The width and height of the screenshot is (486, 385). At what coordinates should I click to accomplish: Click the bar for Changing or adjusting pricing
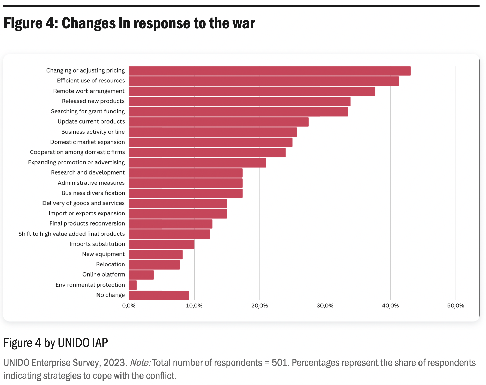pyautogui.click(x=270, y=71)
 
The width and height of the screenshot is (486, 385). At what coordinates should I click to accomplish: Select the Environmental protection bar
pyautogui.click(x=133, y=285)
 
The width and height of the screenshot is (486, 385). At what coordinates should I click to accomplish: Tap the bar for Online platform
pyautogui.click(x=141, y=275)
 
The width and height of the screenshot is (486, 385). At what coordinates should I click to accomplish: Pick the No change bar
pyautogui.click(x=159, y=295)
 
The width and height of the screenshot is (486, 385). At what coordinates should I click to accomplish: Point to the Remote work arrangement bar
pyautogui.click(x=252, y=91)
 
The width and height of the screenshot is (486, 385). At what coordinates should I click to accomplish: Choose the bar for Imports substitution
pyautogui.click(x=161, y=244)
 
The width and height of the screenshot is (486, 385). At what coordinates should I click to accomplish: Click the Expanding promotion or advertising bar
pyautogui.click(x=197, y=163)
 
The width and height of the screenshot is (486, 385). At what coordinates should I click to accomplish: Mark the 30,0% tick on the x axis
pyautogui.click(x=325, y=306)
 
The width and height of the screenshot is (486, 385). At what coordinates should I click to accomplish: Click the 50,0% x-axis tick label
pyautogui.click(x=455, y=306)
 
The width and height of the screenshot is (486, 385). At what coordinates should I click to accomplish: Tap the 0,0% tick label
pyautogui.click(x=129, y=306)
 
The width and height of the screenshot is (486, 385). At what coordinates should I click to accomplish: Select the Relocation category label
pyautogui.click(x=110, y=264)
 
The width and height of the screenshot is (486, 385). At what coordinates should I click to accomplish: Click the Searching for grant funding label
pyautogui.click(x=88, y=111)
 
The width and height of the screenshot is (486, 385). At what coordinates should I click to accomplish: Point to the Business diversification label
pyautogui.click(x=93, y=193)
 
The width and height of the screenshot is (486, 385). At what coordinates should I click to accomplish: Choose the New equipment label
pyautogui.click(x=103, y=254)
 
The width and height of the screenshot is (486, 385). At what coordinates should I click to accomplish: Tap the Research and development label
pyautogui.click(x=88, y=172)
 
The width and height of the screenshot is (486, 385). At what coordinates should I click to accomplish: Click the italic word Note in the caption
pyautogui.click(x=140, y=363)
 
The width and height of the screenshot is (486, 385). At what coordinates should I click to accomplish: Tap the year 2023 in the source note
pyautogui.click(x=114, y=363)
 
